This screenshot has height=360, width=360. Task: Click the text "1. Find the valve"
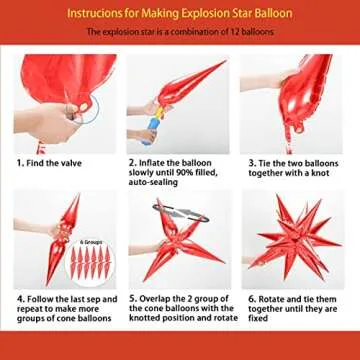pyautogui.click(x=47, y=162)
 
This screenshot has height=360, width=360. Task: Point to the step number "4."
pyautogui.click(x=20, y=299)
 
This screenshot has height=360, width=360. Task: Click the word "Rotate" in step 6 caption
pyautogui.click(x=274, y=299)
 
